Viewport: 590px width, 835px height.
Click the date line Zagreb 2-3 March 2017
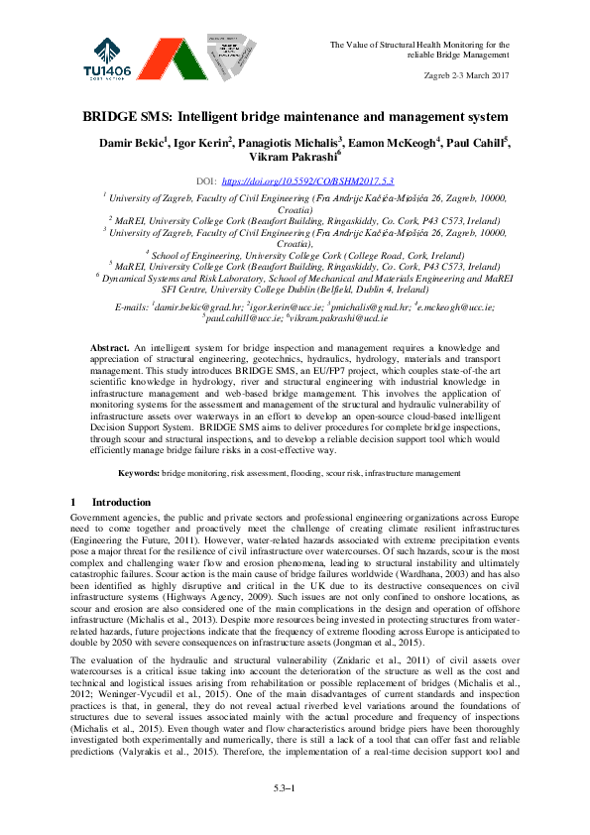(x=464, y=75)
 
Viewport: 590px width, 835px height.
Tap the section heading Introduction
(x=121, y=503)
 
